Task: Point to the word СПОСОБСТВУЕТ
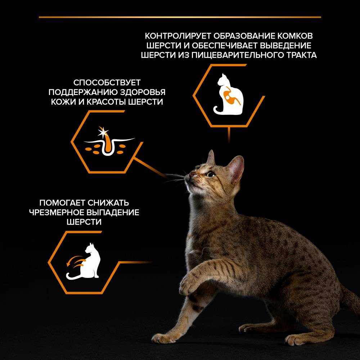coord(107,82)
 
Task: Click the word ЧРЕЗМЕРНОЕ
coord(57,212)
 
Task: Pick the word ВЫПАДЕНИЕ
coord(113,212)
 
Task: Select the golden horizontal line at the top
coord(180,17)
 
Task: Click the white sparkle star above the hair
coord(103,132)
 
